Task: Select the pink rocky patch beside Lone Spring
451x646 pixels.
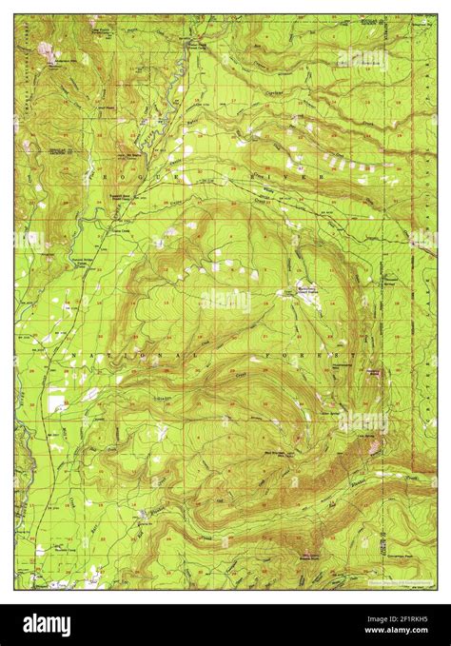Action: (x=381, y=444)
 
